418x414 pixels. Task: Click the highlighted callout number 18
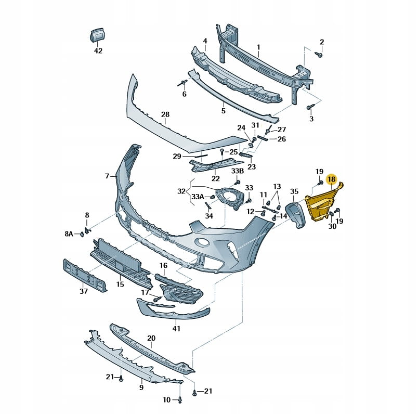click(x=331, y=179)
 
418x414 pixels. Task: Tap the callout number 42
click(x=98, y=51)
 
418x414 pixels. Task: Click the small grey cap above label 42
click(x=97, y=35)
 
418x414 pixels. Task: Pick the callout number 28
click(x=165, y=114)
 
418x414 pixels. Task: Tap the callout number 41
click(x=177, y=329)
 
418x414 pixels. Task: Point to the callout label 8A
click(x=69, y=234)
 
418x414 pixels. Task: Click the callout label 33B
click(x=237, y=171)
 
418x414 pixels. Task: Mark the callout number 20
click(x=151, y=338)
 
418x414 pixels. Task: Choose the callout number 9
click(x=141, y=387)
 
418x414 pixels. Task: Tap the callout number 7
click(x=107, y=176)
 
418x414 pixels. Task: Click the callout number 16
click(x=164, y=265)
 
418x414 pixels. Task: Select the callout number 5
click(x=223, y=111)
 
